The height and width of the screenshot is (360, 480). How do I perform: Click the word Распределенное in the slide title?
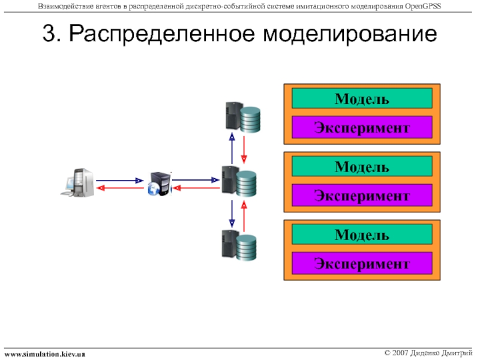162,34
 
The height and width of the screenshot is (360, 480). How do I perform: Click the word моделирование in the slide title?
350,34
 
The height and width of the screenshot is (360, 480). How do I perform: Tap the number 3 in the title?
49,33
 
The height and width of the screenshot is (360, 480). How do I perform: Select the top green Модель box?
362,98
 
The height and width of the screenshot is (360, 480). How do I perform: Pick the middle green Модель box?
362,166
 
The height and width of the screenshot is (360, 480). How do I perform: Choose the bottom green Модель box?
362,234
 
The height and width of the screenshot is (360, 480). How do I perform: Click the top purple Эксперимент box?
362,127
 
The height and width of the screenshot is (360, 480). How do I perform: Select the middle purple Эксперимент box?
362,195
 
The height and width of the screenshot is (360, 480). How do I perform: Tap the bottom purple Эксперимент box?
362,263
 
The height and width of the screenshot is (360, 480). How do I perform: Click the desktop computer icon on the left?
78,182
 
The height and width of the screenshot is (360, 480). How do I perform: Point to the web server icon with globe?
160,184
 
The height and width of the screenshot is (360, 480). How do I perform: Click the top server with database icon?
243,117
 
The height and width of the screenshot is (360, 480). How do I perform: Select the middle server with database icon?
239,181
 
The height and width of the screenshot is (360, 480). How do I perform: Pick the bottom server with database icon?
239,245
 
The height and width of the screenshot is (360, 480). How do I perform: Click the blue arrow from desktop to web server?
119,181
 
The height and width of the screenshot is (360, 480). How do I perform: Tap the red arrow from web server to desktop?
121,188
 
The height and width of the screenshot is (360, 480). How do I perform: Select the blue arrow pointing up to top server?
232,148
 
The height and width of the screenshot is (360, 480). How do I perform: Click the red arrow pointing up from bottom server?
244,216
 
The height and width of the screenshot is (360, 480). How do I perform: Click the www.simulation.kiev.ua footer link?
44,355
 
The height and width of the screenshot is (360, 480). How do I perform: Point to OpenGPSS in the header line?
423,6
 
